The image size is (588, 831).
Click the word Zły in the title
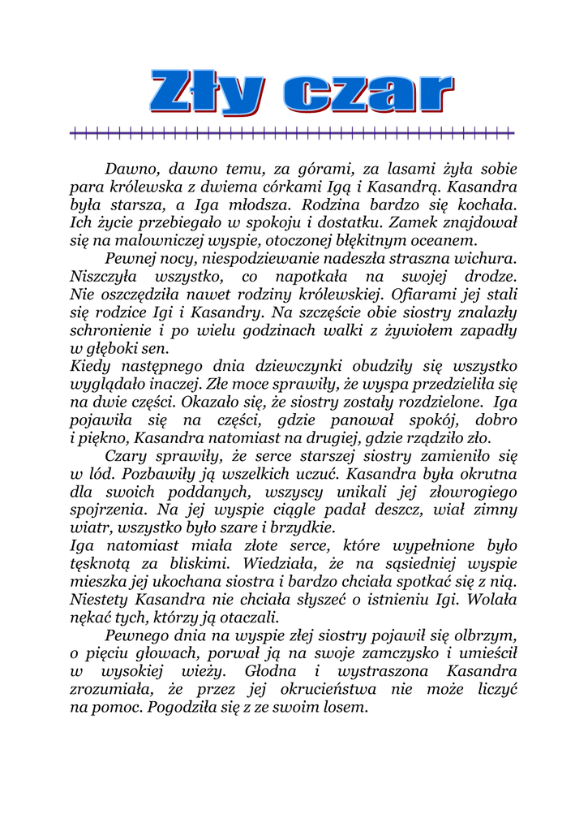[x=206, y=92]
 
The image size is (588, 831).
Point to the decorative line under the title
[x=293, y=132]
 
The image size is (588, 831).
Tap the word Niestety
[x=100, y=598]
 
